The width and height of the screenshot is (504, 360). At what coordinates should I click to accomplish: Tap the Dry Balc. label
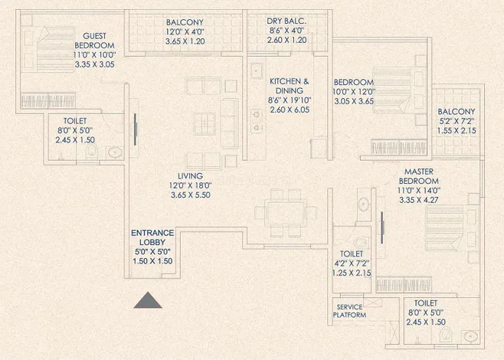coord(287,21)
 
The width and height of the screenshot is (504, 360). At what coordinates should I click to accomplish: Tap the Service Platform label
coord(350,310)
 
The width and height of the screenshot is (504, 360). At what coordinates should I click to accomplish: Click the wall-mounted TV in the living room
coord(136,128)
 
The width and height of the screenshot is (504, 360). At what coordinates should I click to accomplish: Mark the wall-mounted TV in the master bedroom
coord(381,226)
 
